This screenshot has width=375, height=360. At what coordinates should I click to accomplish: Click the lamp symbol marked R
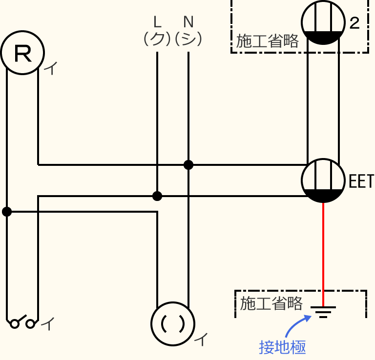[22, 53]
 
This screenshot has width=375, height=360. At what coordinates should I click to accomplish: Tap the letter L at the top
[157, 22]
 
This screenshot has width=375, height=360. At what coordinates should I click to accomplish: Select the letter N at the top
[188, 22]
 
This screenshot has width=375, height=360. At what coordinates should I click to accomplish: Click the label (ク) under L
[157, 39]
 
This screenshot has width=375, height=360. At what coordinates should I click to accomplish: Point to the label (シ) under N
[188, 39]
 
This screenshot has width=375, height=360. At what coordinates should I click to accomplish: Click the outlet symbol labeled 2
[320, 22]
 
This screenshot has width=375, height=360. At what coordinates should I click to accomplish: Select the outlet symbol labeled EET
[320, 181]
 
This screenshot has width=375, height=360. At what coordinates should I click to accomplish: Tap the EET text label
[361, 181]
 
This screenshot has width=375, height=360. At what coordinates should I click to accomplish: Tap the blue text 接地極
[282, 347]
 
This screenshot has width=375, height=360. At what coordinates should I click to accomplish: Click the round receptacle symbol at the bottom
[173, 323]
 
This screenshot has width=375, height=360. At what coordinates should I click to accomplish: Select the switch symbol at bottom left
[22, 323]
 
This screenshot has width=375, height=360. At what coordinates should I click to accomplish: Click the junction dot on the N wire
[188, 165]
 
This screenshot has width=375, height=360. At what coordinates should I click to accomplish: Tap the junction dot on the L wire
[157, 196]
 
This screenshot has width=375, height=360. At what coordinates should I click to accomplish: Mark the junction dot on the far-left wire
[7, 212]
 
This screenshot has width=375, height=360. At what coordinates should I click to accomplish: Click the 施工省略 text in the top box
[267, 41]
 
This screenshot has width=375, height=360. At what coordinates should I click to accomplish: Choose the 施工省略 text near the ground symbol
[271, 303]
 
